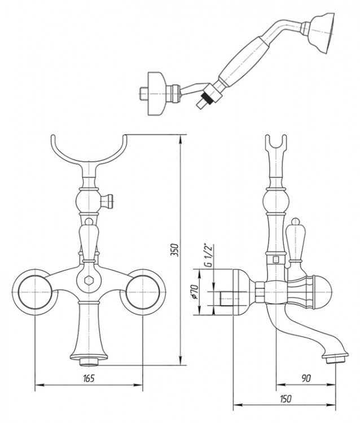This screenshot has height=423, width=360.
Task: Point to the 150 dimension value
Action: [286, 398]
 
